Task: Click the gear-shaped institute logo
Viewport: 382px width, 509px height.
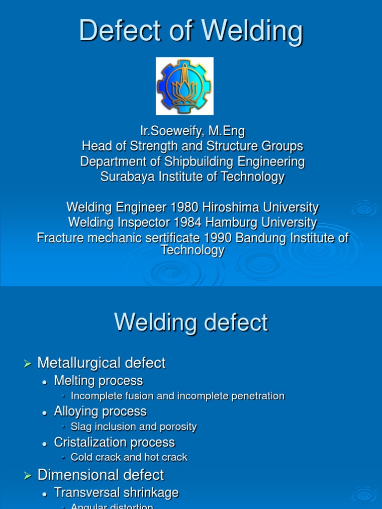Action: [185, 85]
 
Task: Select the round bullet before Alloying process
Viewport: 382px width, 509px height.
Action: [45, 413]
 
